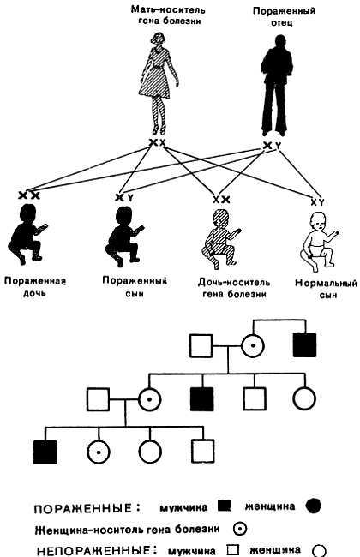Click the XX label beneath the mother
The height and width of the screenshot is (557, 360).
click(x=157, y=142)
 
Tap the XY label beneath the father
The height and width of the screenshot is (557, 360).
click(x=271, y=146)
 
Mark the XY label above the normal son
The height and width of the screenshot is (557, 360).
click(x=316, y=201)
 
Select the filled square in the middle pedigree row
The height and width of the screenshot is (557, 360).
click(x=201, y=398)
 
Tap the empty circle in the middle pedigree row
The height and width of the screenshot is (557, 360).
click(x=306, y=398)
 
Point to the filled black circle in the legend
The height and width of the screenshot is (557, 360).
click(x=313, y=506)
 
